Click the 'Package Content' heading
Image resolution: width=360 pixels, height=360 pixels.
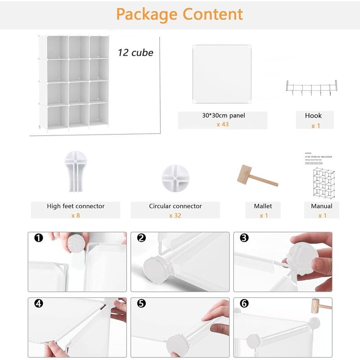point(180,14)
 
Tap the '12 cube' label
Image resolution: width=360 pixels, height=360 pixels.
point(135,53)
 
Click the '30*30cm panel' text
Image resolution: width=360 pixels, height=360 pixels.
point(224,116)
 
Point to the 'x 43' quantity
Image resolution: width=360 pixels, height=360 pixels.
point(222,124)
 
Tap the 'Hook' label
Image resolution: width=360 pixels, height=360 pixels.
point(313,116)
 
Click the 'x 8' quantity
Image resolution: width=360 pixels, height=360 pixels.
point(75,216)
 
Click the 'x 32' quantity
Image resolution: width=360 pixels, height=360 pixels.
point(175,216)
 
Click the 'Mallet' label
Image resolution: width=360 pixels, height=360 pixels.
point(263,206)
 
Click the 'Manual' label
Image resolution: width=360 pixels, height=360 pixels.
point(321,206)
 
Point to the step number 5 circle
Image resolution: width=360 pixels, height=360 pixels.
point(142,304)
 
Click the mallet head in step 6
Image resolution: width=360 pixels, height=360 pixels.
point(312,308)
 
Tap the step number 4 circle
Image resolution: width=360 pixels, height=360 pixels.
point(39,304)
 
